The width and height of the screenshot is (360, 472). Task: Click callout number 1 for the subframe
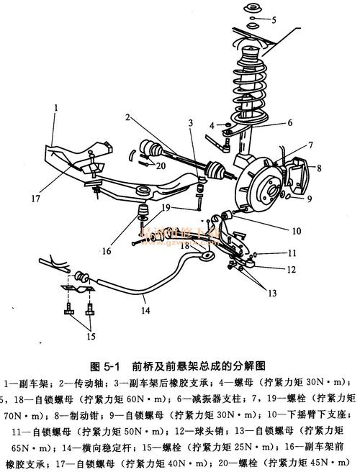[55, 107]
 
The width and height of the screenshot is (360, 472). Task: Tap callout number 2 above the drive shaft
[127, 117]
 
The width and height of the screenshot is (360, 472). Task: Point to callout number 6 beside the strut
[289, 122]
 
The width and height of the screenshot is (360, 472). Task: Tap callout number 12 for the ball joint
[291, 270]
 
